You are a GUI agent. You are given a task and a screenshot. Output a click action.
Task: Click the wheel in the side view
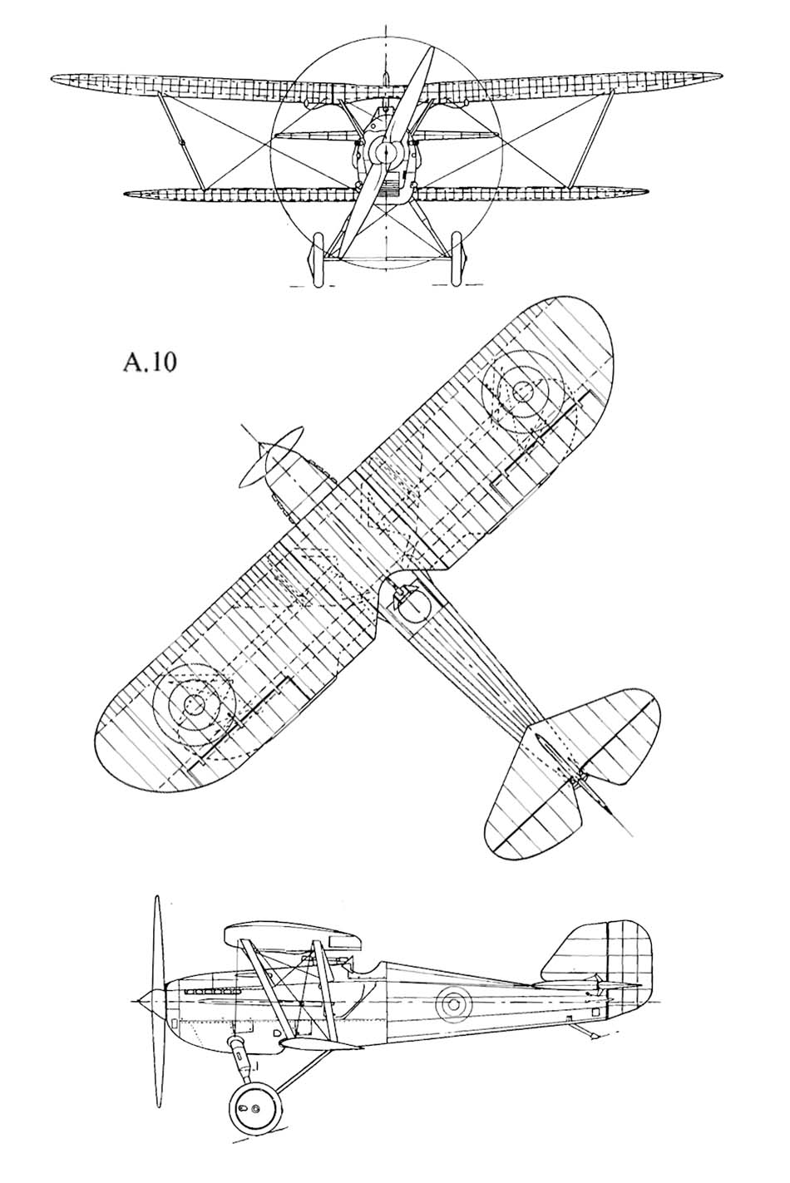[x=253, y=1107]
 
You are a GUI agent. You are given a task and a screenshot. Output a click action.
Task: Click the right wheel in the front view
[x=457, y=260]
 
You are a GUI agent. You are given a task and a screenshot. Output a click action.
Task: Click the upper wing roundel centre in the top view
[x=523, y=392]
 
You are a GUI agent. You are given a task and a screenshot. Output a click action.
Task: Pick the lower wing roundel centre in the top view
[x=195, y=703]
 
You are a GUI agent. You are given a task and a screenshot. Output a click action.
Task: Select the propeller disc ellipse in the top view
[x=271, y=456]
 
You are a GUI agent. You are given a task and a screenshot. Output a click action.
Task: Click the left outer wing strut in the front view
[x=180, y=140]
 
